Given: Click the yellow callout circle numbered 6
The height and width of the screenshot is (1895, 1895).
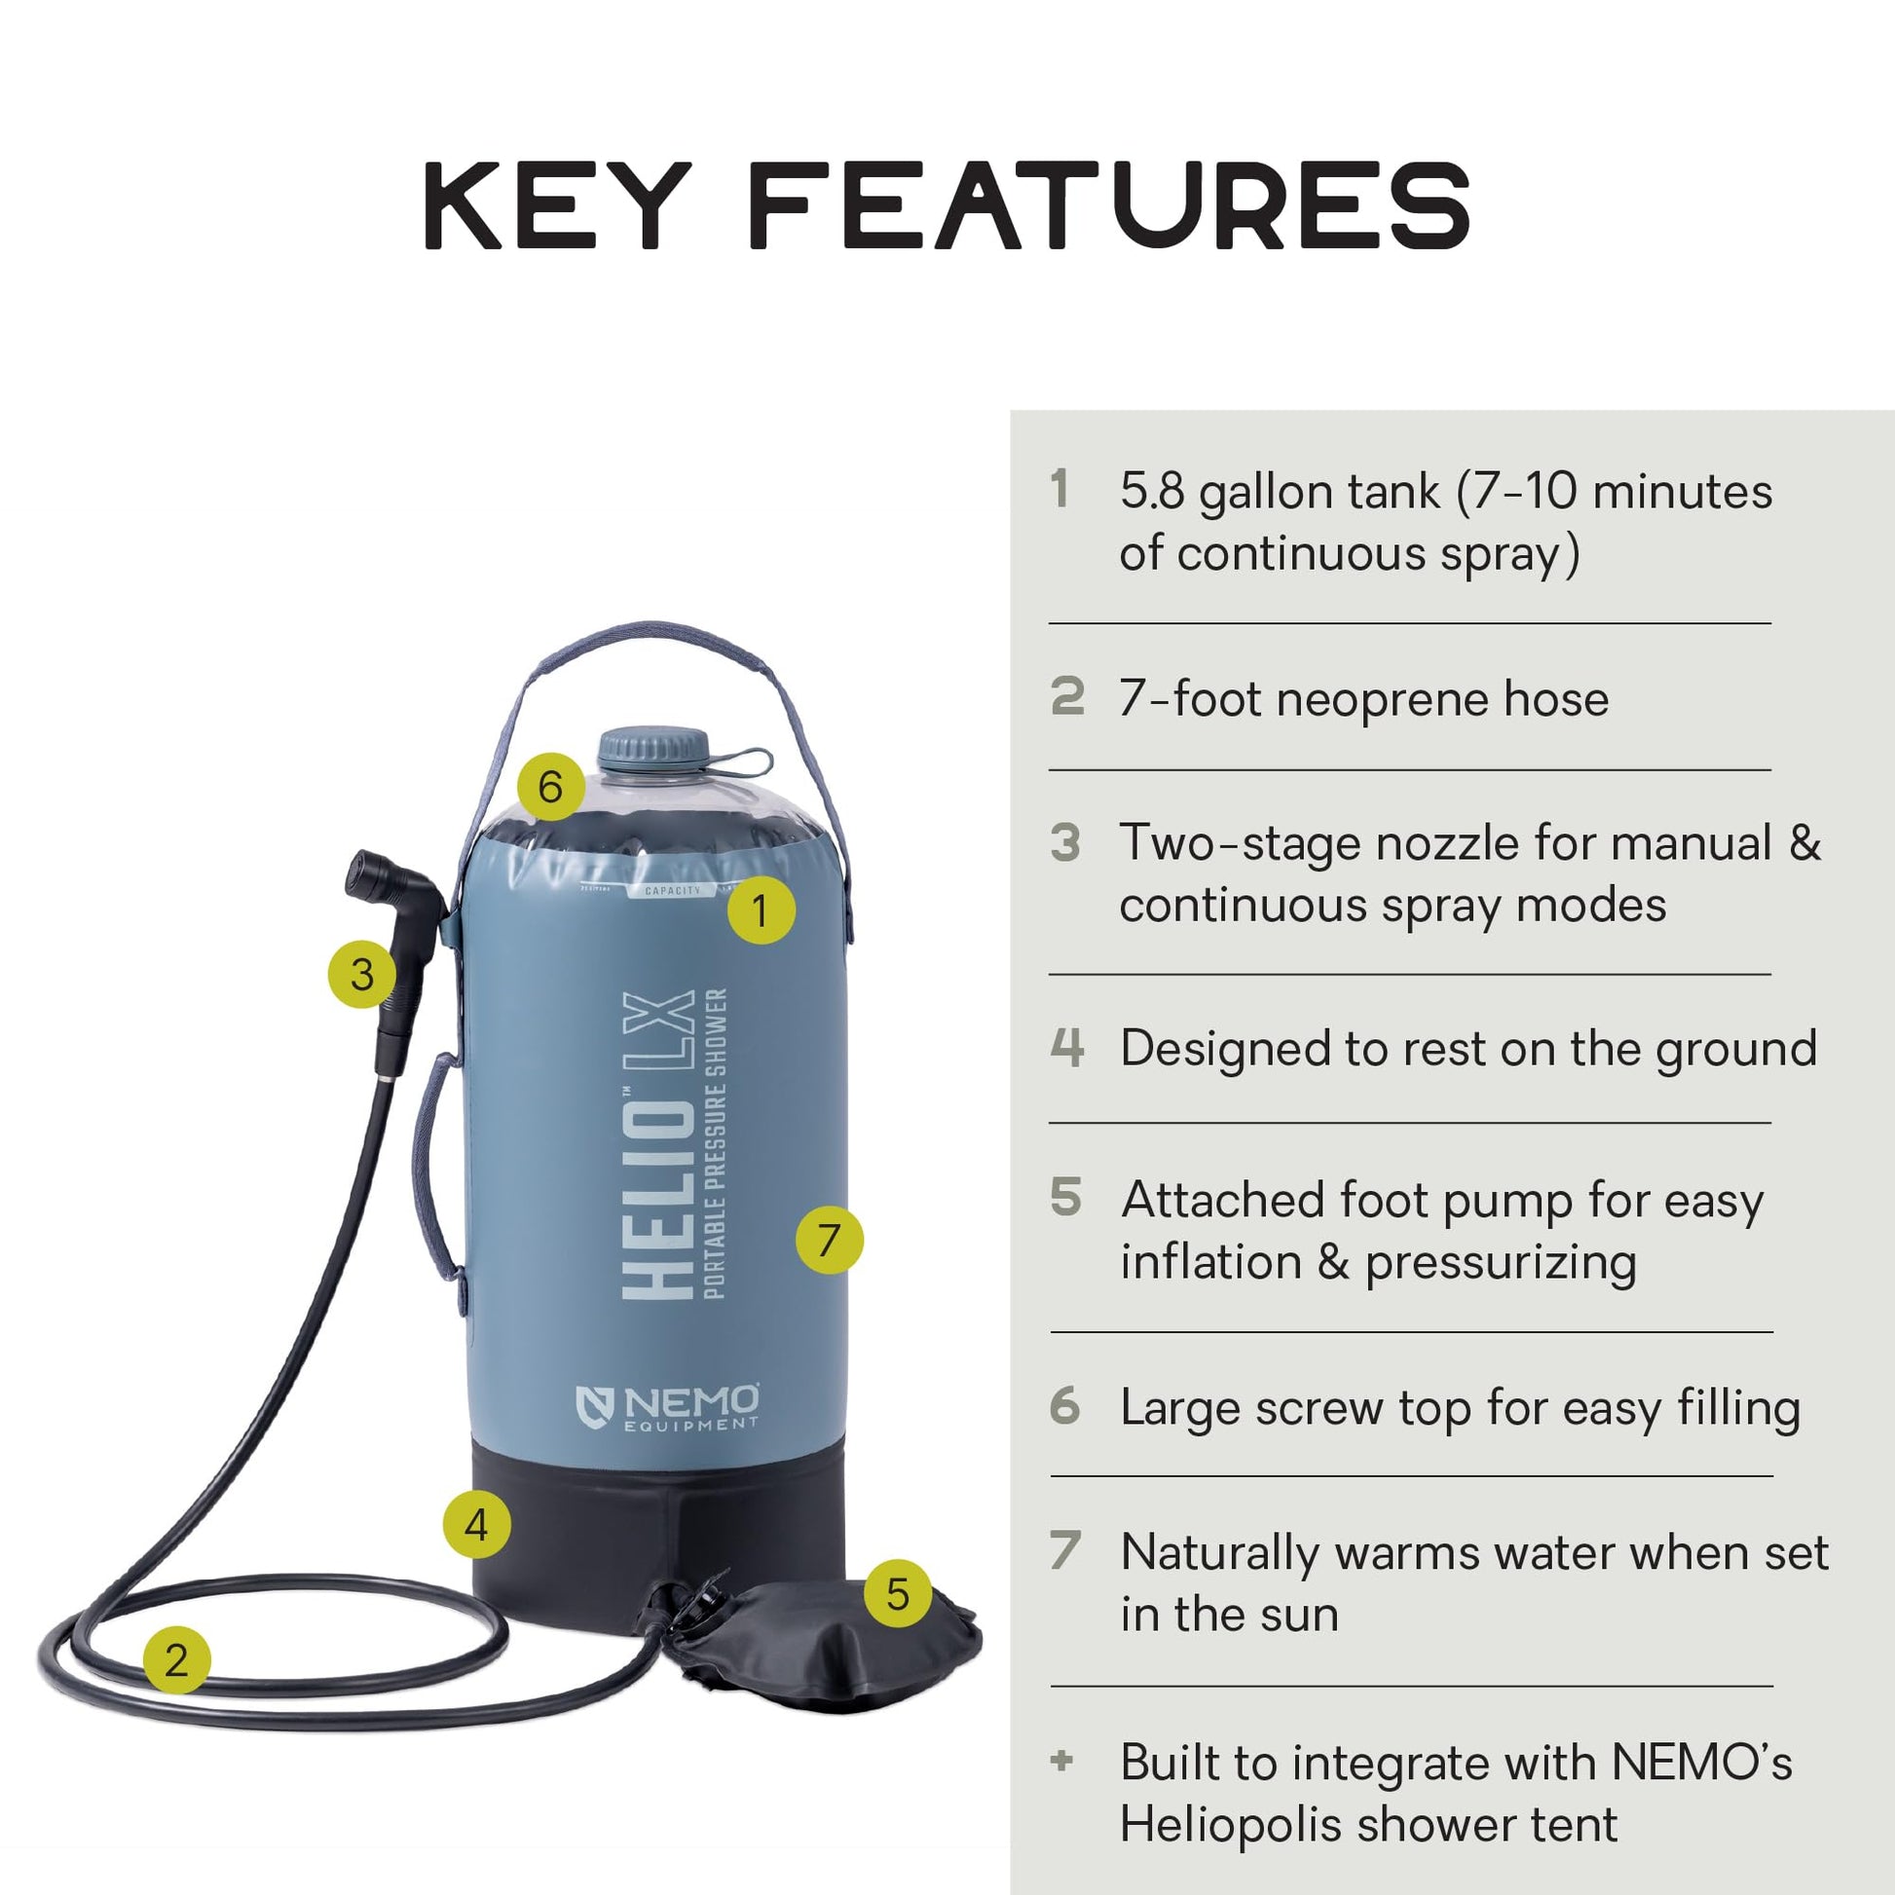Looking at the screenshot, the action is tap(550, 787).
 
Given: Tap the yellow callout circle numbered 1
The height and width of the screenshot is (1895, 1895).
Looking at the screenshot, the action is tap(761, 910).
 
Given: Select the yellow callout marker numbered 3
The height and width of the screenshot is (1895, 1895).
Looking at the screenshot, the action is tap(362, 974).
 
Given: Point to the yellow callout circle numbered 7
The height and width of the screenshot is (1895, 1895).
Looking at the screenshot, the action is tap(829, 1240).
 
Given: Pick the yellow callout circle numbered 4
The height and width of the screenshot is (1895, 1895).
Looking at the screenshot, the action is tap(477, 1524).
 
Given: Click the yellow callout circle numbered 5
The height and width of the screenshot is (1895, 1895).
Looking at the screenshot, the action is tap(898, 1593).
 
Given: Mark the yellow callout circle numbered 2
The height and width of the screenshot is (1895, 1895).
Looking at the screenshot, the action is tap(176, 1659).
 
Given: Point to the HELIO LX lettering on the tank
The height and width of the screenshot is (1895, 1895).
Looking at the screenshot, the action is tap(659, 1144).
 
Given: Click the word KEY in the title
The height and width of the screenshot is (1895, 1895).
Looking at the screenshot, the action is tap(557, 207).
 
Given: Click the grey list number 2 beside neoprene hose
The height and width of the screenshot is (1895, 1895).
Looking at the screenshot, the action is tap(1067, 696).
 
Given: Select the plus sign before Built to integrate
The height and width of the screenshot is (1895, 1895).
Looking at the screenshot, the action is tap(1061, 1761).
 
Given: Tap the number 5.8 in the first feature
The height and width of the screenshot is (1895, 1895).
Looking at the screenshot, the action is tap(1153, 492).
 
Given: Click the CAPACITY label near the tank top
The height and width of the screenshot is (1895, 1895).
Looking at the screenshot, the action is tap(673, 891).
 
